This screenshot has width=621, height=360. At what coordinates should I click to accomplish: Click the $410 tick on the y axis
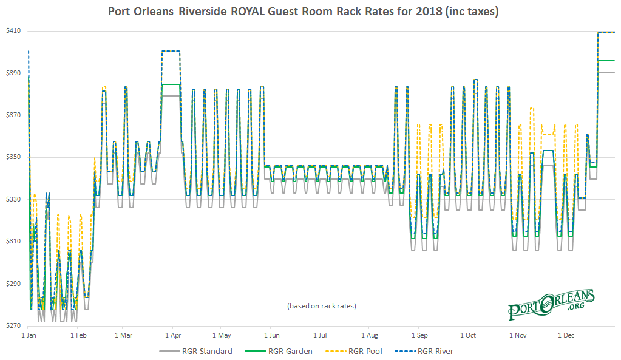click(12, 31)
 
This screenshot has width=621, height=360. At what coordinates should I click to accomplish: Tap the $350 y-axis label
click(12, 157)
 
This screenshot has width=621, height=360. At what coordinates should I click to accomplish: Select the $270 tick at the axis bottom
click(12, 326)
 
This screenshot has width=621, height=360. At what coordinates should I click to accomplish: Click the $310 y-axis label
click(12, 242)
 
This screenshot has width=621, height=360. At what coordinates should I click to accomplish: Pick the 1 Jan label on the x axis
click(29, 335)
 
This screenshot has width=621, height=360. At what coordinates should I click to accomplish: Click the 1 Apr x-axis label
click(173, 335)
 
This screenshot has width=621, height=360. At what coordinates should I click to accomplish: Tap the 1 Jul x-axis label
click(320, 335)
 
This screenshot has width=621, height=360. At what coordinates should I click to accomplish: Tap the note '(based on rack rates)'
click(321, 306)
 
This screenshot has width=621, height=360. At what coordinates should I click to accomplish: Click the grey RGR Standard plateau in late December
click(606, 72)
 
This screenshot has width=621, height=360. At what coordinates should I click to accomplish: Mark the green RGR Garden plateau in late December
click(606, 61)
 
